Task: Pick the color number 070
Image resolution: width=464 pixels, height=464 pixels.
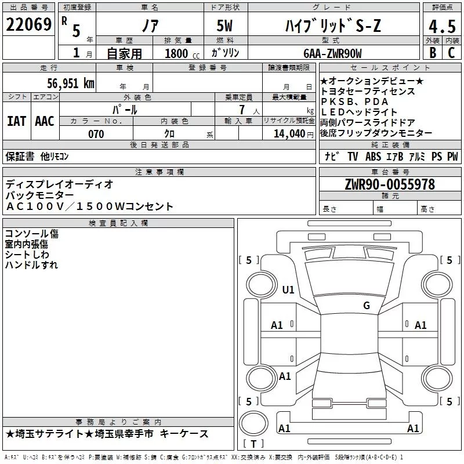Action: point(96,134)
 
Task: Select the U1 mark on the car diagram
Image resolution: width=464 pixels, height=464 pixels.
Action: point(288,289)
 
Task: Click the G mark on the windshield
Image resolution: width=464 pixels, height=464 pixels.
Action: point(367,306)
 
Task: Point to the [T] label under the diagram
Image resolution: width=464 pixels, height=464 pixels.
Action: point(253,444)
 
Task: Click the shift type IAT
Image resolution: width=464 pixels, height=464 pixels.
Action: point(16,121)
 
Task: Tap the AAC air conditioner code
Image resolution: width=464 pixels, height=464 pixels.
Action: point(45,121)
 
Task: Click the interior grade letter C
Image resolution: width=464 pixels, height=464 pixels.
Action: point(451,53)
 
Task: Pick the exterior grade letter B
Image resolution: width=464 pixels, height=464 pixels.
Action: point(432,53)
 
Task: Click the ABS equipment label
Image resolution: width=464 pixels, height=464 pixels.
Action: point(373,156)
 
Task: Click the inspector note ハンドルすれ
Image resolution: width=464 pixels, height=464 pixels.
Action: point(31,265)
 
